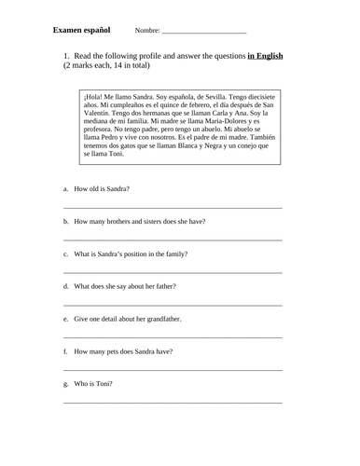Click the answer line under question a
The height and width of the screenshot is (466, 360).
coord(173,208)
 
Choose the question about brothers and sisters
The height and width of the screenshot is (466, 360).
coord(139,221)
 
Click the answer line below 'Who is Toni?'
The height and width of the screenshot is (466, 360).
coord(173,403)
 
